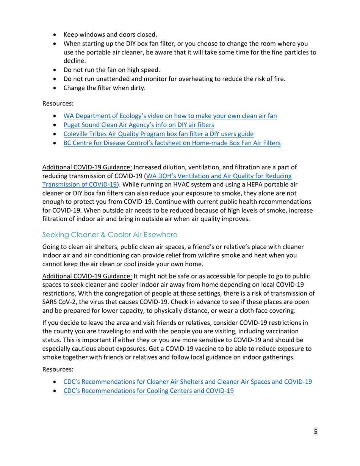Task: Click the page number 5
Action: click(x=315, y=432)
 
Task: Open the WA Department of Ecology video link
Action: click(x=170, y=116)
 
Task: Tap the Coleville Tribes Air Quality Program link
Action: click(x=158, y=134)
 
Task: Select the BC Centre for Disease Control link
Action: click(x=172, y=143)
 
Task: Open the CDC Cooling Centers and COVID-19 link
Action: click(x=148, y=391)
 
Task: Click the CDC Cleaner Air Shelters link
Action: click(x=188, y=382)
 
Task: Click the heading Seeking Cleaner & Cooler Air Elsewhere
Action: click(x=110, y=235)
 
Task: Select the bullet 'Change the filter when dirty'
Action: click(x=104, y=88)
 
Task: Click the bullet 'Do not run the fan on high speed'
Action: click(x=111, y=70)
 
